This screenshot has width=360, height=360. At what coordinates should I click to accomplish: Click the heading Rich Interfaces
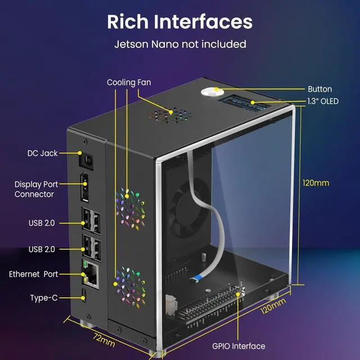pos(180,21)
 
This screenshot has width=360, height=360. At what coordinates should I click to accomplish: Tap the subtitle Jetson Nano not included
pos(180,43)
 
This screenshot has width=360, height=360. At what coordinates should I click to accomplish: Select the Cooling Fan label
pos(129,83)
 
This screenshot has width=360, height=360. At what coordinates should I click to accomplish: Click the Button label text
pos(319,89)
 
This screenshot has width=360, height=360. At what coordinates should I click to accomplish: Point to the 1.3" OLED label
pos(323,102)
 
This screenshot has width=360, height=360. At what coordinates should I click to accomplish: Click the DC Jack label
pos(42,153)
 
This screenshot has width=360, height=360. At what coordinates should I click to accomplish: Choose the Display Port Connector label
pos(34,189)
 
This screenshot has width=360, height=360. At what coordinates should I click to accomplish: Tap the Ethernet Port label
pos(33,274)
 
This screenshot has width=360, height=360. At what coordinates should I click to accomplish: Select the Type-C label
pos(43,297)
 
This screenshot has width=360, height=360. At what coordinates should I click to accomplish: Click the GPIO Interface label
pos(239,346)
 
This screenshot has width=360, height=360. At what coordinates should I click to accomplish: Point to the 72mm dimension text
pos(104,340)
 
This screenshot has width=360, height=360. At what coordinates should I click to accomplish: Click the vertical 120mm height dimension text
pos(316,183)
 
